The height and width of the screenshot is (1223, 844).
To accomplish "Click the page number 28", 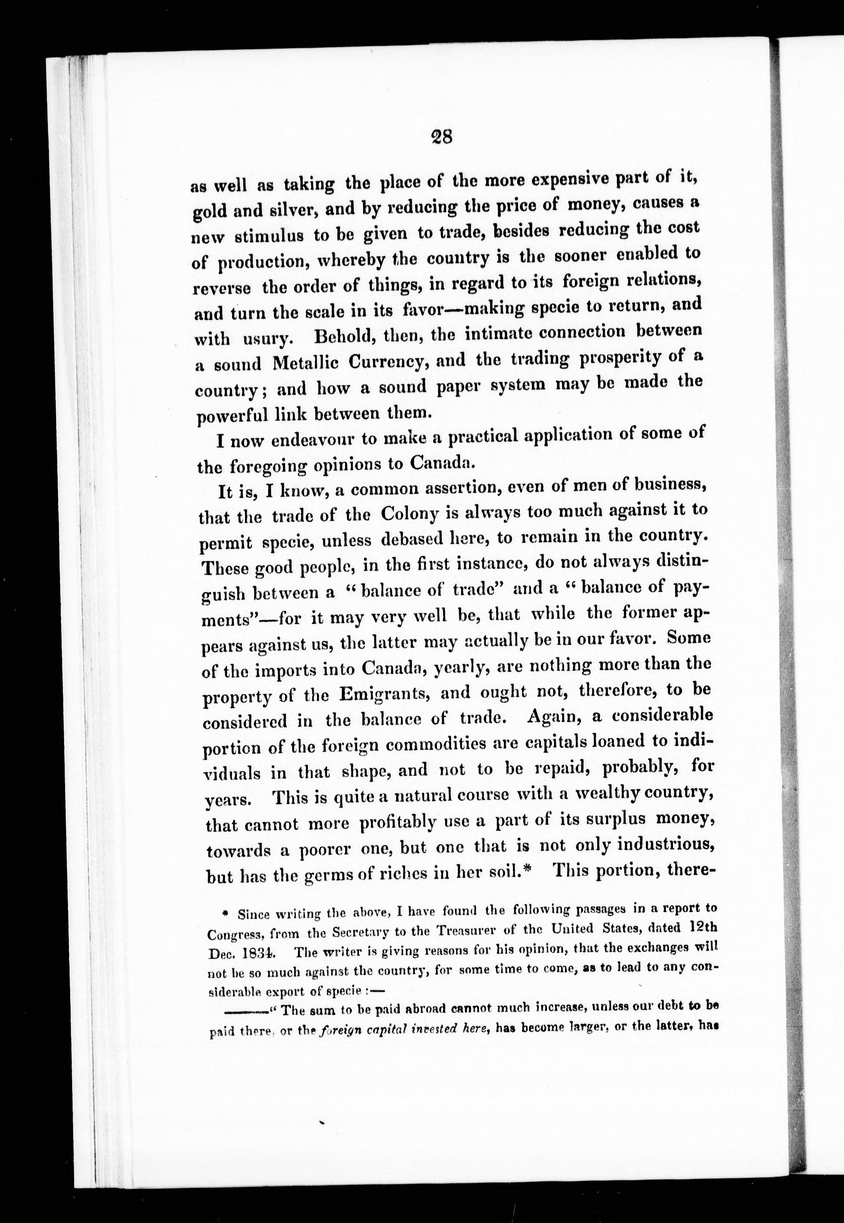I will [x=441, y=137].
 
